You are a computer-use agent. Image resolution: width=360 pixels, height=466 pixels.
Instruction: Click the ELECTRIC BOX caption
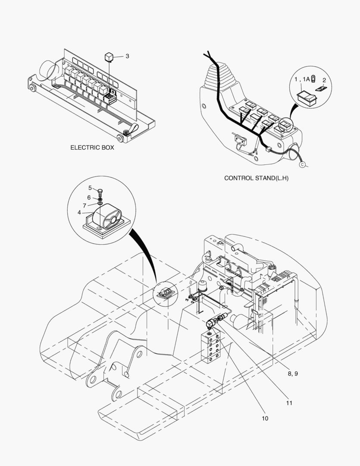coord(92,148)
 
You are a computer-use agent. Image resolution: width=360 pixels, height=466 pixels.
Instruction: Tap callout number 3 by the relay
coord(127,56)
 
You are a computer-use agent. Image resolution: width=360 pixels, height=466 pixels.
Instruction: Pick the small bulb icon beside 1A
coord(313,79)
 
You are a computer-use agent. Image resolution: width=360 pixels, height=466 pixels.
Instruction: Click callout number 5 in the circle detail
coord(90,188)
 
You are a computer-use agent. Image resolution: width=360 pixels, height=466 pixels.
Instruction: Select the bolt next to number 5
coord(100,191)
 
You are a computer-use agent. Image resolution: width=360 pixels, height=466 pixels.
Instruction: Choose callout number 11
coord(289,403)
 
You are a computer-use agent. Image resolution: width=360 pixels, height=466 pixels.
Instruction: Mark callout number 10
coord(265,418)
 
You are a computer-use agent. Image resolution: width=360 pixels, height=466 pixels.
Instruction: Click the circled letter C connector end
coord(302,164)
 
